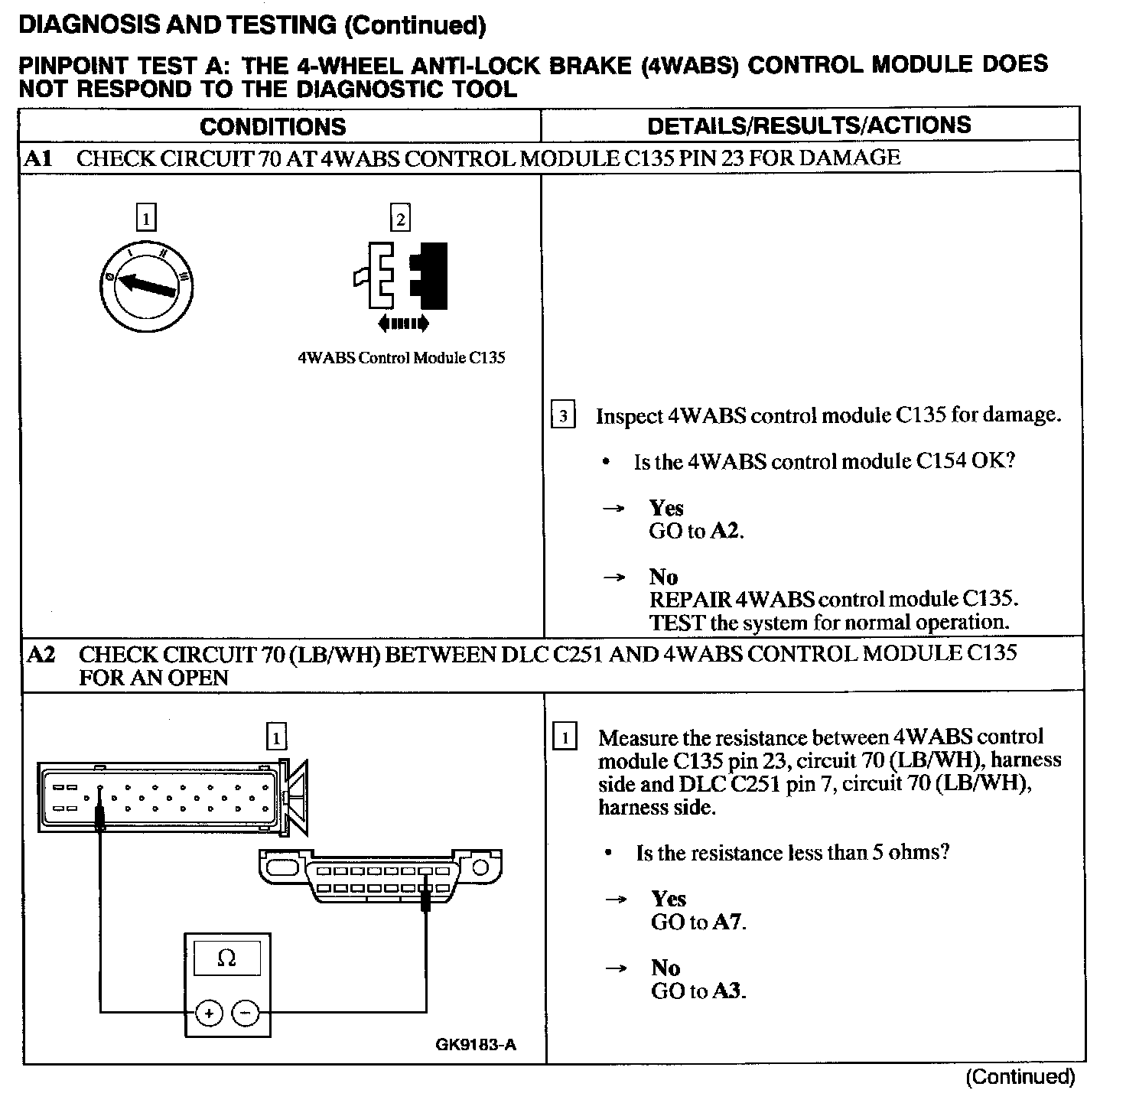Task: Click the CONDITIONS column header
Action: [x=273, y=126]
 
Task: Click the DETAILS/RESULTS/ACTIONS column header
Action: [x=809, y=125]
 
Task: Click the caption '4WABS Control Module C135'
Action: [x=402, y=358]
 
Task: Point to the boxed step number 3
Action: [x=564, y=416]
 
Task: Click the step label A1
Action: [x=38, y=158]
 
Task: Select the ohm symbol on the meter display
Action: [x=226, y=958]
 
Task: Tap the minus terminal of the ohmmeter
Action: [x=246, y=1014]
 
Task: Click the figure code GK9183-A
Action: [x=476, y=1045]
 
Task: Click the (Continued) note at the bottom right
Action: [x=1020, y=1077]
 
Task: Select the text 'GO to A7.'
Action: [x=698, y=922]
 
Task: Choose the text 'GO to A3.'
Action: [x=698, y=991]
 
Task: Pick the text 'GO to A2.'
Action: [x=696, y=531]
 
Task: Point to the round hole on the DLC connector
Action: [x=480, y=867]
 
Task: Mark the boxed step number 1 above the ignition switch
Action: [x=145, y=219]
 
